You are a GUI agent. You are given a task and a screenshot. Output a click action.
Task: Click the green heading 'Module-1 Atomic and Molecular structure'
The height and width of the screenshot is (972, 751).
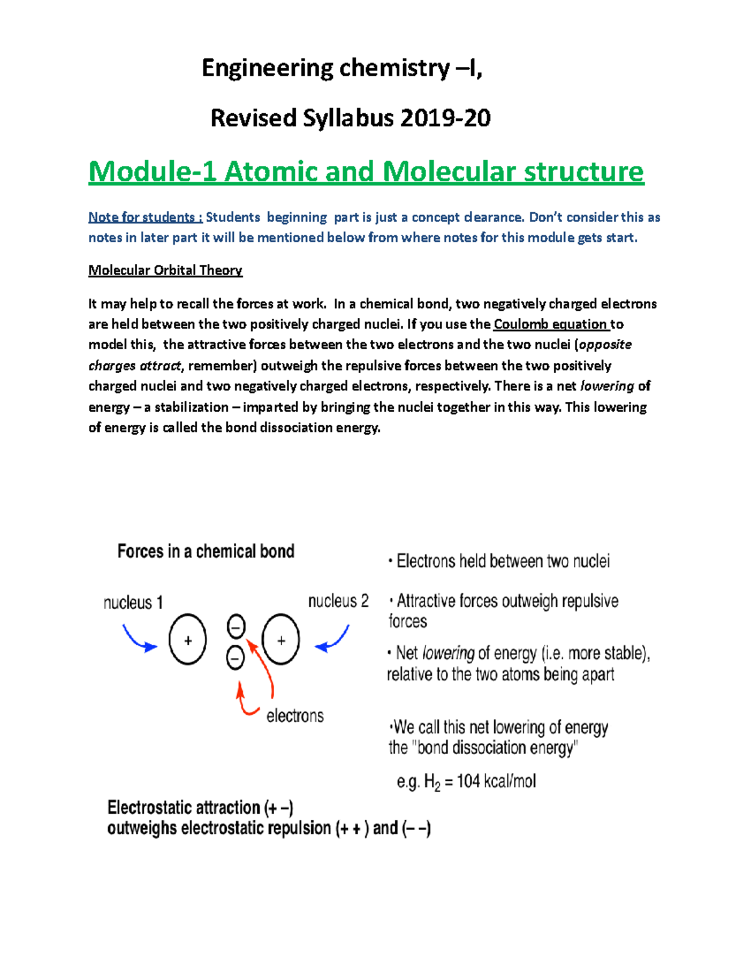[x=366, y=171]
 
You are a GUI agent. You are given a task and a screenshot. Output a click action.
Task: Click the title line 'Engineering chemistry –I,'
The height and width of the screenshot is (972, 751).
[x=342, y=68]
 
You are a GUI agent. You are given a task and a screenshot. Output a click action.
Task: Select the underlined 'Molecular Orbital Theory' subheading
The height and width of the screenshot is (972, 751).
[x=165, y=270]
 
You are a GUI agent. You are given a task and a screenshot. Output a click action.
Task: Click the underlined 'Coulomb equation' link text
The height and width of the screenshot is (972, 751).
[x=551, y=324]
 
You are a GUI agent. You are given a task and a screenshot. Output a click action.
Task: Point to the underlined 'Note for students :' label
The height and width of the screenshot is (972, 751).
[x=145, y=217]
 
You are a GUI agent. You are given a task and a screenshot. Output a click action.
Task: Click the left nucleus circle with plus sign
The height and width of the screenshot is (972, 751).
[x=188, y=640]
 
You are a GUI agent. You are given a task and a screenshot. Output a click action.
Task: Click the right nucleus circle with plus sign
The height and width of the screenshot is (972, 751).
[x=281, y=640]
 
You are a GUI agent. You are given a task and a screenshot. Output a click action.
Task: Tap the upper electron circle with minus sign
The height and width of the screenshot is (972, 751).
[x=236, y=626]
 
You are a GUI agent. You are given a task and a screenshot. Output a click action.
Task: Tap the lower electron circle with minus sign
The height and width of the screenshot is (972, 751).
[x=235, y=657]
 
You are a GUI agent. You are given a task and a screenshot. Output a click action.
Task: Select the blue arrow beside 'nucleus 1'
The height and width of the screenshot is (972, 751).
[x=139, y=640]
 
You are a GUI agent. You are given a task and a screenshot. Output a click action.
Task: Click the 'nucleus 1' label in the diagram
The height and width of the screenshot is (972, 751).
[x=133, y=603]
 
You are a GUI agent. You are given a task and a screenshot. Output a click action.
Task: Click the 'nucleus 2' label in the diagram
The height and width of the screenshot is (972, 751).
[x=338, y=601]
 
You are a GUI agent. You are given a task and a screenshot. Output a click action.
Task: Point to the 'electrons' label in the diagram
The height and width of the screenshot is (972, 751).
[x=295, y=716]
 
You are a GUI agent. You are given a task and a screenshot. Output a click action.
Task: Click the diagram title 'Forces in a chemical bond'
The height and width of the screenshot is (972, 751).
[x=206, y=551]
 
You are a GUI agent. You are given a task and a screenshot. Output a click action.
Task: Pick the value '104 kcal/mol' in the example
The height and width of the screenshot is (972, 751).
[x=496, y=781]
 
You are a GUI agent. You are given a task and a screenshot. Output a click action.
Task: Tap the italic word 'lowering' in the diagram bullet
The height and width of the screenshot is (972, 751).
[x=448, y=653]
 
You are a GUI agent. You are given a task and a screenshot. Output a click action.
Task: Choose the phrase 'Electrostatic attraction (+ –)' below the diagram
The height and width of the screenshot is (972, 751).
[x=200, y=807]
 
